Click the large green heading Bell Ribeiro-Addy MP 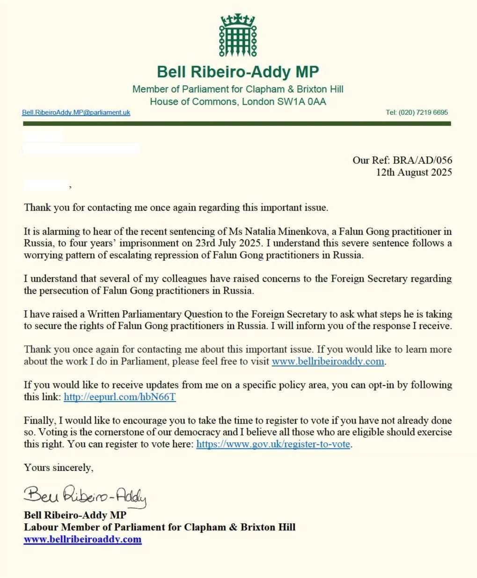click(x=238, y=72)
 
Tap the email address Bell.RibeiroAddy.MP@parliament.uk click(x=76, y=112)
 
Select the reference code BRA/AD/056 click(x=422, y=160)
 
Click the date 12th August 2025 click(x=414, y=172)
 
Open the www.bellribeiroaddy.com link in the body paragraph click(x=328, y=361)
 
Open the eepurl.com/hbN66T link click(x=120, y=397)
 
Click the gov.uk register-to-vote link click(x=273, y=444)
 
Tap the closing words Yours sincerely click(x=59, y=468)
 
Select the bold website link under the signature click(x=83, y=539)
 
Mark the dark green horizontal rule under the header click(x=237, y=124)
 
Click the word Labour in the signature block click(x=41, y=527)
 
